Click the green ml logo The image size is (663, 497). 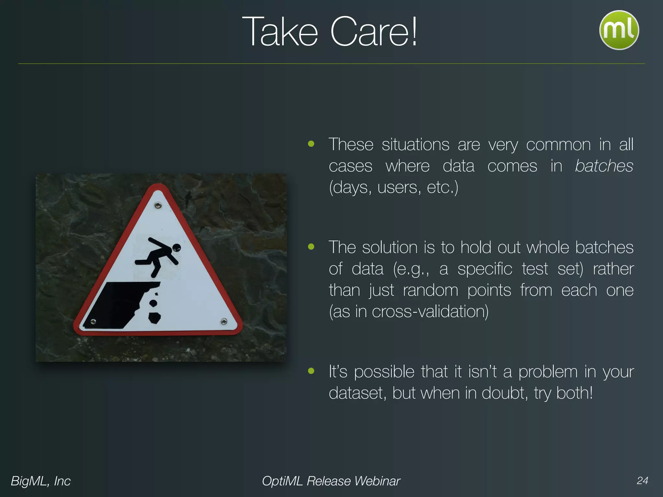click(619, 30)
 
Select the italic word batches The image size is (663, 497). click(604, 166)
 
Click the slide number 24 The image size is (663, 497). click(642, 480)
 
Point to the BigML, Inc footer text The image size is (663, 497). click(41, 481)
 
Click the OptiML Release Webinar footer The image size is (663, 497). click(331, 481)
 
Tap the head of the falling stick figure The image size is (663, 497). click(176, 248)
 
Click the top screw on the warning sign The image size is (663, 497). click(158, 205)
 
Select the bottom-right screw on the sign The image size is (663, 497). click(224, 321)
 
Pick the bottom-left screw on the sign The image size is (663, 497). click(93, 322)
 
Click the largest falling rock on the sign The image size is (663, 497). click(154, 318)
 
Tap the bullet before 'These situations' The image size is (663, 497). click(311, 144)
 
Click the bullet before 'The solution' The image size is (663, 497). click(311, 247)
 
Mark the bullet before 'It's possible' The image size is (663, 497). click(311, 371)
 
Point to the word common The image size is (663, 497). click(558, 145)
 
